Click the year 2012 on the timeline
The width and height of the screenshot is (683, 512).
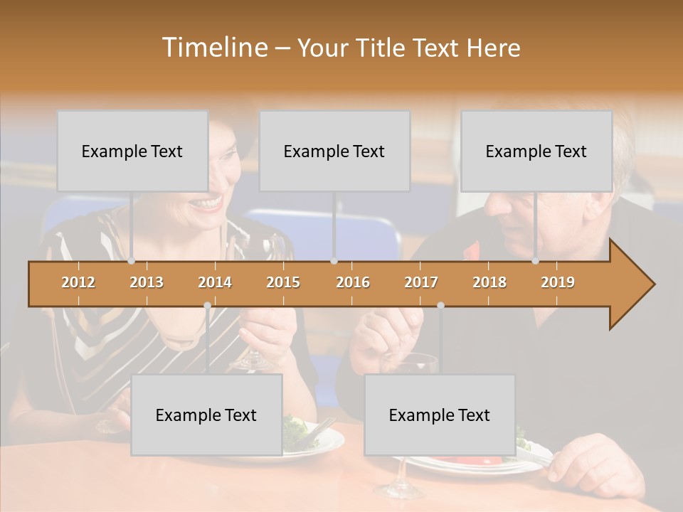pyautogui.click(x=78, y=282)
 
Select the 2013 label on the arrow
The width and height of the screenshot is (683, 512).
pyautogui.click(x=147, y=282)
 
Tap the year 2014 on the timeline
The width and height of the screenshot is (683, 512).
pyautogui.click(x=215, y=282)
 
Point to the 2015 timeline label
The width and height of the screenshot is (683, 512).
pyautogui.click(x=283, y=282)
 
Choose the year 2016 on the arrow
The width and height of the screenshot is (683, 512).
pyautogui.click(x=353, y=282)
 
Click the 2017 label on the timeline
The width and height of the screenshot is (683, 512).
pyautogui.click(x=421, y=282)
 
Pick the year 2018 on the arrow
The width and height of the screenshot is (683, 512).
pyautogui.click(x=489, y=282)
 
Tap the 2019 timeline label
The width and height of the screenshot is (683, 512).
pyautogui.click(x=558, y=282)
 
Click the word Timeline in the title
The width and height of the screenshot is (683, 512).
pyautogui.click(x=213, y=48)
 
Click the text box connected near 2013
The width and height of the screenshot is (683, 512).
pyautogui.click(x=132, y=151)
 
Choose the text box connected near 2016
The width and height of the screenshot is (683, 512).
pyautogui.click(x=334, y=151)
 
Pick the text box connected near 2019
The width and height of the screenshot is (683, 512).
pyautogui.click(x=536, y=151)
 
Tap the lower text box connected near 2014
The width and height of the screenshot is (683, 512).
pyautogui.click(x=206, y=415)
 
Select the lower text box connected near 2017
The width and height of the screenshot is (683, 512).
pyautogui.click(x=440, y=415)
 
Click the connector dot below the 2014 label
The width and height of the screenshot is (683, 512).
pyautogui.click(x=207, y=305)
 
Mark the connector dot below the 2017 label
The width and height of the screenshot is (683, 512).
pyautogui.click(x=440, y=305)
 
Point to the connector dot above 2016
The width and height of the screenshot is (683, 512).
pyautogui.click(x=334, y=261)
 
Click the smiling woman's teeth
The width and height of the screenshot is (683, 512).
pyautogui.click(x=207, y=203)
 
